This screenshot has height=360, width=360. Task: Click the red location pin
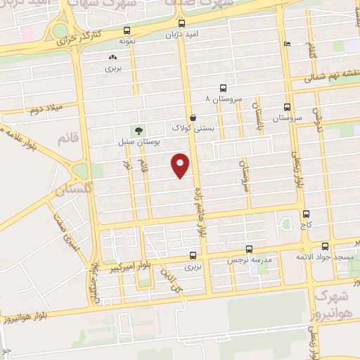pos(181,166)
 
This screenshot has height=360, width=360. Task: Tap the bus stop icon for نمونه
pos(127,30)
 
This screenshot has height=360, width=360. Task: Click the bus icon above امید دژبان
pos(182,22)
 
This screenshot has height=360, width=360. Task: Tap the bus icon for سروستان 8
pos(223,89)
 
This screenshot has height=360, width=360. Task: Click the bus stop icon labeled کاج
pos(305,214)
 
